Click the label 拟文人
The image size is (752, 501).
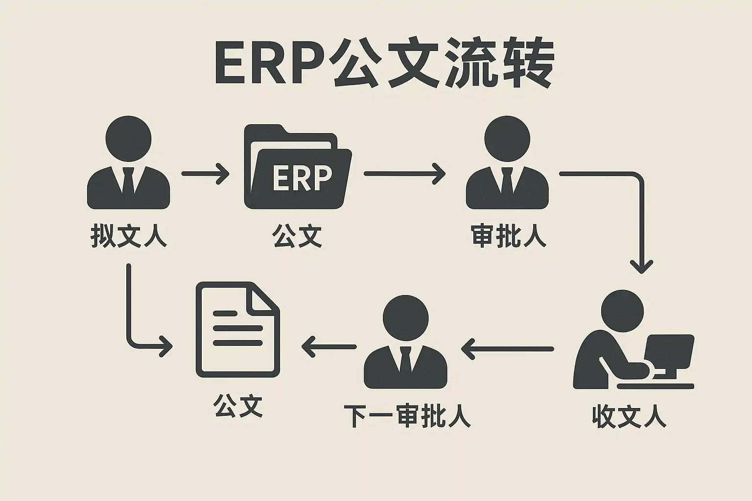coord(128,236)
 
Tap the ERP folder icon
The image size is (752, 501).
coord(297,167)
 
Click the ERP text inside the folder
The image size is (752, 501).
coord(302,178)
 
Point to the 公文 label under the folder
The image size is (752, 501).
coord(297,236)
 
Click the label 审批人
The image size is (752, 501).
coord(508,236)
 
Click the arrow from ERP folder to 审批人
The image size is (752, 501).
coord(404,174)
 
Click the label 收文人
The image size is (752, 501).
coord(629,417)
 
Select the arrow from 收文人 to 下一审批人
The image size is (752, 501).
coord(507,349)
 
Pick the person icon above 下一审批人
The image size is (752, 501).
coord(405,342)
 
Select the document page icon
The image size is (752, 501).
coord(237,330)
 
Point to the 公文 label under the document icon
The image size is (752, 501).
coord(238,406)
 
